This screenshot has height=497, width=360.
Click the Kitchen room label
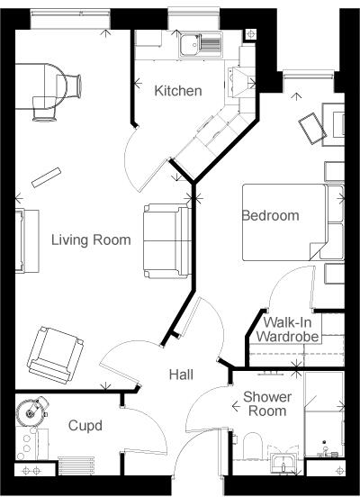tap(177, 91)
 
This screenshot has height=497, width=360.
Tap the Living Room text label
tap(91, 239)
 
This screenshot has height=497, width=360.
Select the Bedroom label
tap(270, 216)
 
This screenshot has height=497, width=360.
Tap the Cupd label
tap(85, 425)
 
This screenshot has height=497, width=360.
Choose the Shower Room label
tap(267, 403)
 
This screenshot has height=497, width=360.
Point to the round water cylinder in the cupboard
tap(33, 413)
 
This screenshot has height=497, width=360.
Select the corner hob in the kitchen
tap(239, 84)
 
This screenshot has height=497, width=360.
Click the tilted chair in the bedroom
tap(312, 126)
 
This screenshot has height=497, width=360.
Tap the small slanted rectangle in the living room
tap(46, 176)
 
